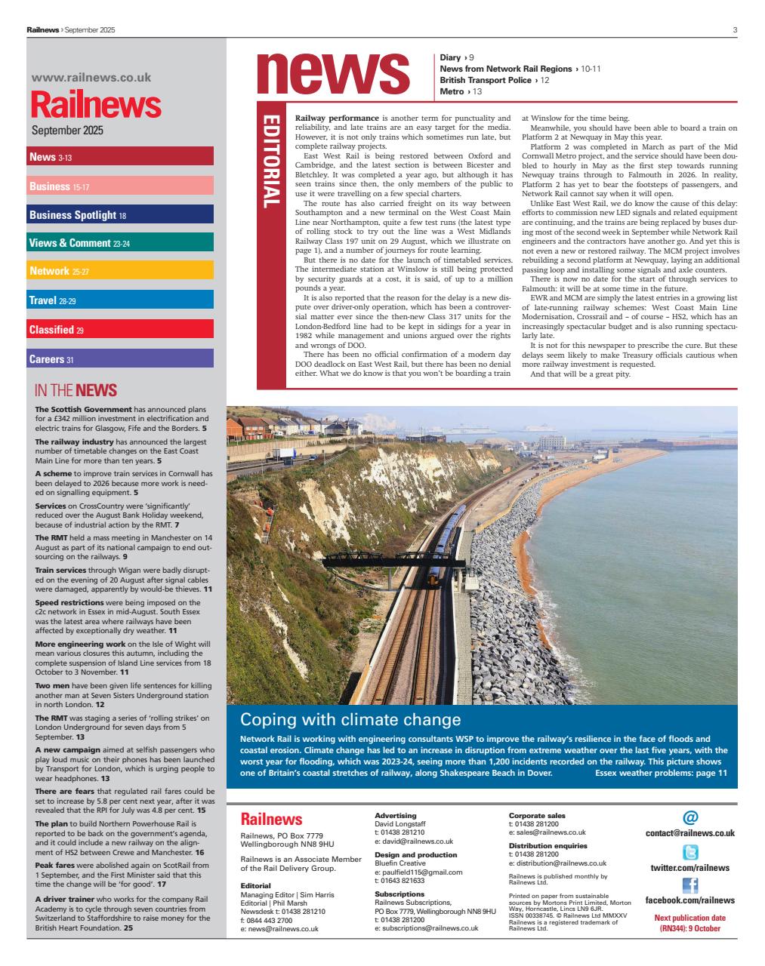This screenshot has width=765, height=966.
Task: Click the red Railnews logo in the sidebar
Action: coord(96,104)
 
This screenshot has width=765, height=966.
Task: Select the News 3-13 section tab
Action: coord(120,156)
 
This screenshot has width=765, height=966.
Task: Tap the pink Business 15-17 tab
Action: coord(120,186)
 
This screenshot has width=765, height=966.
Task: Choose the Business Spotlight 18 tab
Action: coord(120,214)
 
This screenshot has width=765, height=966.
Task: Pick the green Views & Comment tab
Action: coord(120,243)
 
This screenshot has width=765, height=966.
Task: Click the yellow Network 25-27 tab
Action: coord(120,271)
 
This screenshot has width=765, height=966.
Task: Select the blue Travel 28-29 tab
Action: coord(120,300)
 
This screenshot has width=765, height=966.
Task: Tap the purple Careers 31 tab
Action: coord(120,358)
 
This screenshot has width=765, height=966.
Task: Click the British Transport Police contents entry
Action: coord(494,80)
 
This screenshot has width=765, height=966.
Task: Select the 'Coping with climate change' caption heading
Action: coord(350,719)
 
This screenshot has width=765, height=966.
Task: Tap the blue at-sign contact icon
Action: coord(689,817)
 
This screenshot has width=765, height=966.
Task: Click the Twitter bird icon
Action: coord(689,853)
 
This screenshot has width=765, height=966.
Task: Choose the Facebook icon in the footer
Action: coord(689,886)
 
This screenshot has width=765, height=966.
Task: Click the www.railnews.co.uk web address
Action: coord(91,77)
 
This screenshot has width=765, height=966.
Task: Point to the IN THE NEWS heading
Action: coord(76,390)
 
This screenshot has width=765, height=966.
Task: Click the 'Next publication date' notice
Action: coord(689,923)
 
